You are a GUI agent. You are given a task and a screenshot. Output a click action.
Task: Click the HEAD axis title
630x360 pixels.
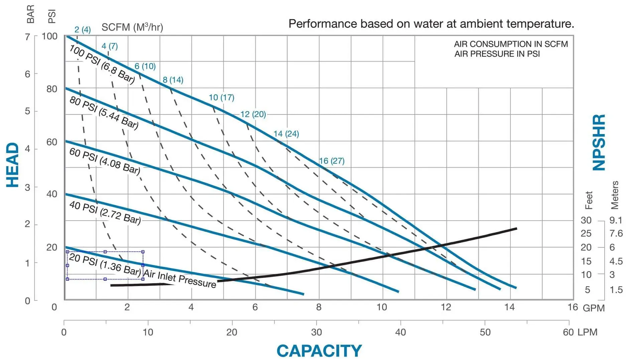[13, 165]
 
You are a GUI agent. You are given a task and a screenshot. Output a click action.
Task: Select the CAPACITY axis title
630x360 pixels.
[319, 351]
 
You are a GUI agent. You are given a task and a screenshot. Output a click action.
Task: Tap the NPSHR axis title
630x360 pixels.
[599, 142]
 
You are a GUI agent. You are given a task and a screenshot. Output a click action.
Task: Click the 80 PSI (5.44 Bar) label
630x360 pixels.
[104, 113]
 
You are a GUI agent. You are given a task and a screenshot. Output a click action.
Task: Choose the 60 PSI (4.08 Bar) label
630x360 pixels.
[104, 161]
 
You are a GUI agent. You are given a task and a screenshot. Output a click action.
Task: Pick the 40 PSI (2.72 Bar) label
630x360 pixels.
[105, 212]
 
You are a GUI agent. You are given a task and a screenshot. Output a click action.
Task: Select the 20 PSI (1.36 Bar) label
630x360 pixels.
[105, 265]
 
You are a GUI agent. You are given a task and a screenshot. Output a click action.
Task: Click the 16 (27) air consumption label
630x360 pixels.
[332, 161]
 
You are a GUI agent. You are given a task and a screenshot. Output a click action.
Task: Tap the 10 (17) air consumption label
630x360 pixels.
[221, 97]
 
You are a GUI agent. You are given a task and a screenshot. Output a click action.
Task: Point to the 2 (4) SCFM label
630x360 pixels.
[82, 29]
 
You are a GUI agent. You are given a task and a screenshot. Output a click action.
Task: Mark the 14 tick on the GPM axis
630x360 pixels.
[509, 307]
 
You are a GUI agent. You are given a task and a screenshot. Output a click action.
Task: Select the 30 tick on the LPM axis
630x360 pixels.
[316, 332]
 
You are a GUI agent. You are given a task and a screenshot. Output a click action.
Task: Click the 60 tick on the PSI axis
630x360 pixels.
[52, 142]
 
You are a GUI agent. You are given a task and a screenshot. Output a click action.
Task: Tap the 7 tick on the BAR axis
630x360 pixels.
[27, 36]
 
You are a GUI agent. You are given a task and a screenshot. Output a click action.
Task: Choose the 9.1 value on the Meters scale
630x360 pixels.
[616, 220]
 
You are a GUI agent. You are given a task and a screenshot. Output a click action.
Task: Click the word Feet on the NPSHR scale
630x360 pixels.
[589, 200]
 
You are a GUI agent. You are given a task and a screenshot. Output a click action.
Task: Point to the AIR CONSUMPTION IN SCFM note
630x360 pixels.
[511, 44]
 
